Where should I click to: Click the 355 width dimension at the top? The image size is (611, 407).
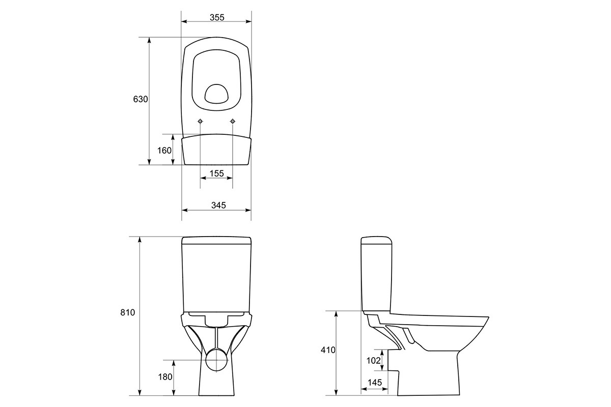[x=217, y=17]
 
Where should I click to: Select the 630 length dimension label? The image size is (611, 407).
[x=141, y=99]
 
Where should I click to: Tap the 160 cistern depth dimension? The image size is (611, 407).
[x=164, y=150]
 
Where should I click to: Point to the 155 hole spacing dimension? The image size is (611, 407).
[x=217, y=173]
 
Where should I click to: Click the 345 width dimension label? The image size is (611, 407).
[x=218, y=205]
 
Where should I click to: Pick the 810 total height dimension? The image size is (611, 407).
[x=128, y=312]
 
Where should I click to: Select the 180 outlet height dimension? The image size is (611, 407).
[x=165, y=377]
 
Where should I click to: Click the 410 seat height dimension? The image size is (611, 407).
[x=328, y=350]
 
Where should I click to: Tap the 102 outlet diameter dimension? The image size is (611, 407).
[x=373, y=361]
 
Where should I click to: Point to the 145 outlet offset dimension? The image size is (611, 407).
[x=375, y=383]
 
